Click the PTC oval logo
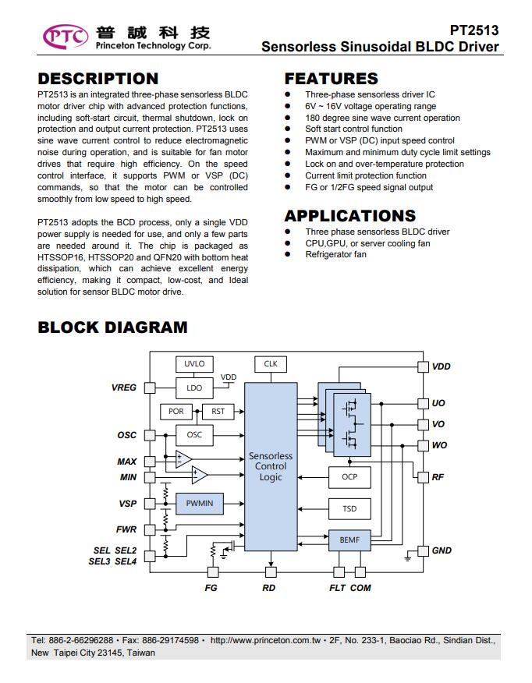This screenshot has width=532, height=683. [x=66, y=37]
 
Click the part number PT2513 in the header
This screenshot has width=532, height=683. [x=474, y=30]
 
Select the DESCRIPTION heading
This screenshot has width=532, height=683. [x=98, y=79]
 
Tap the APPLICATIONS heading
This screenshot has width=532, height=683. [x=350, y=216]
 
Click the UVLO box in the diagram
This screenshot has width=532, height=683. [x=194, y=363]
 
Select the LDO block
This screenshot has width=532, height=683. [x=194, y=388]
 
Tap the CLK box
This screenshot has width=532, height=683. [x=271, y=363]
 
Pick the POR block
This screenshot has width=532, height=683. [x=176, y=411]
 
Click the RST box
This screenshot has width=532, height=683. [x=218, y=411]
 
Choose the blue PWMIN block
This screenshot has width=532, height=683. [x=200, y=504]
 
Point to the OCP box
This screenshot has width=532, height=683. [x=349, y=477]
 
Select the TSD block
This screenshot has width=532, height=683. [x=349, y=509]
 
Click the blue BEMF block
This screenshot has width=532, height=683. [x=349, y=540]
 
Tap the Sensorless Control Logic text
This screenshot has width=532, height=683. [x=271, y=466]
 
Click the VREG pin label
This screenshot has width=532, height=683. [x=124, y=388]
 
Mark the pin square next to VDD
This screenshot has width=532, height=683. [x=423, y=366]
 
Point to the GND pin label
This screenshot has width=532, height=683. [x=442, y=550]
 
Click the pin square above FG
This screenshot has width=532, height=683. [x=213, y=572]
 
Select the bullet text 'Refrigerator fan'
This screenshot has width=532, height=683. [x=335, y=254]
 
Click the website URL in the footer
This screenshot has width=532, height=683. [x=265, y=640]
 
